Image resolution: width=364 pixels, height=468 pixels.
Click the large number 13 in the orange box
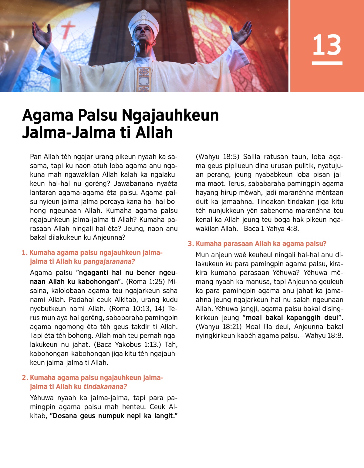(327, 45)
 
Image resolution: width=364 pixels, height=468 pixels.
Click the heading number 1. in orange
(25, 253)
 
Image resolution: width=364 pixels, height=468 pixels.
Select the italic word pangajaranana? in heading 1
(109, 262)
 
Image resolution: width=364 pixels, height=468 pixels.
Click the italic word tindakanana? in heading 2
(105, 387)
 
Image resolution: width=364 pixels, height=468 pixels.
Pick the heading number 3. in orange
(190, 244)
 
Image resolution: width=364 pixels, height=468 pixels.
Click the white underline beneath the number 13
(327, 63)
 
